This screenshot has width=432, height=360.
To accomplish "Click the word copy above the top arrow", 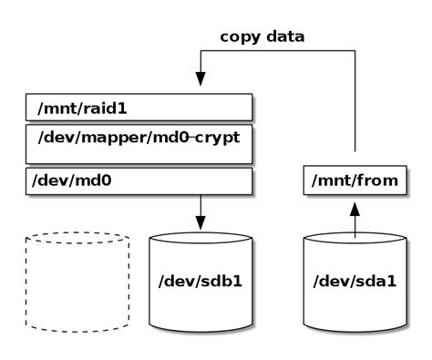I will [240, 37].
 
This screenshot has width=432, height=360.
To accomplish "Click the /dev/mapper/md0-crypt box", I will [137, 143].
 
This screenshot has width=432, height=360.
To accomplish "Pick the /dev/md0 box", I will [137, 181].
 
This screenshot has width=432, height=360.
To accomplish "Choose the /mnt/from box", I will [354, 181].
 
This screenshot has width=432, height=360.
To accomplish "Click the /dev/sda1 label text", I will [354, 280].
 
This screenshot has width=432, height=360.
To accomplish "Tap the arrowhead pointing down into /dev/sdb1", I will [201, 223].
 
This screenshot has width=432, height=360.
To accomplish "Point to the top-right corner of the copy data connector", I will [354, 54].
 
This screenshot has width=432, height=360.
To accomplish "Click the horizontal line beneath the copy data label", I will [273, 54].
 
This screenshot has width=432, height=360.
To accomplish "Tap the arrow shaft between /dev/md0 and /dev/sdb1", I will [201, 206].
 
